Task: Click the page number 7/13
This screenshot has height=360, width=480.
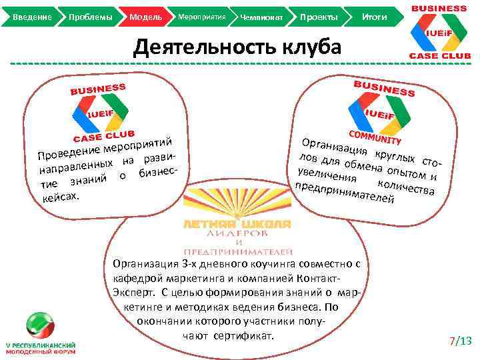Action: point(461,342)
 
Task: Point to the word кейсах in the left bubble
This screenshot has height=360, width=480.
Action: point(61,197)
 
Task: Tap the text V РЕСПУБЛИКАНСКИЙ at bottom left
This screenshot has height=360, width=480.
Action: point(40,345)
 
